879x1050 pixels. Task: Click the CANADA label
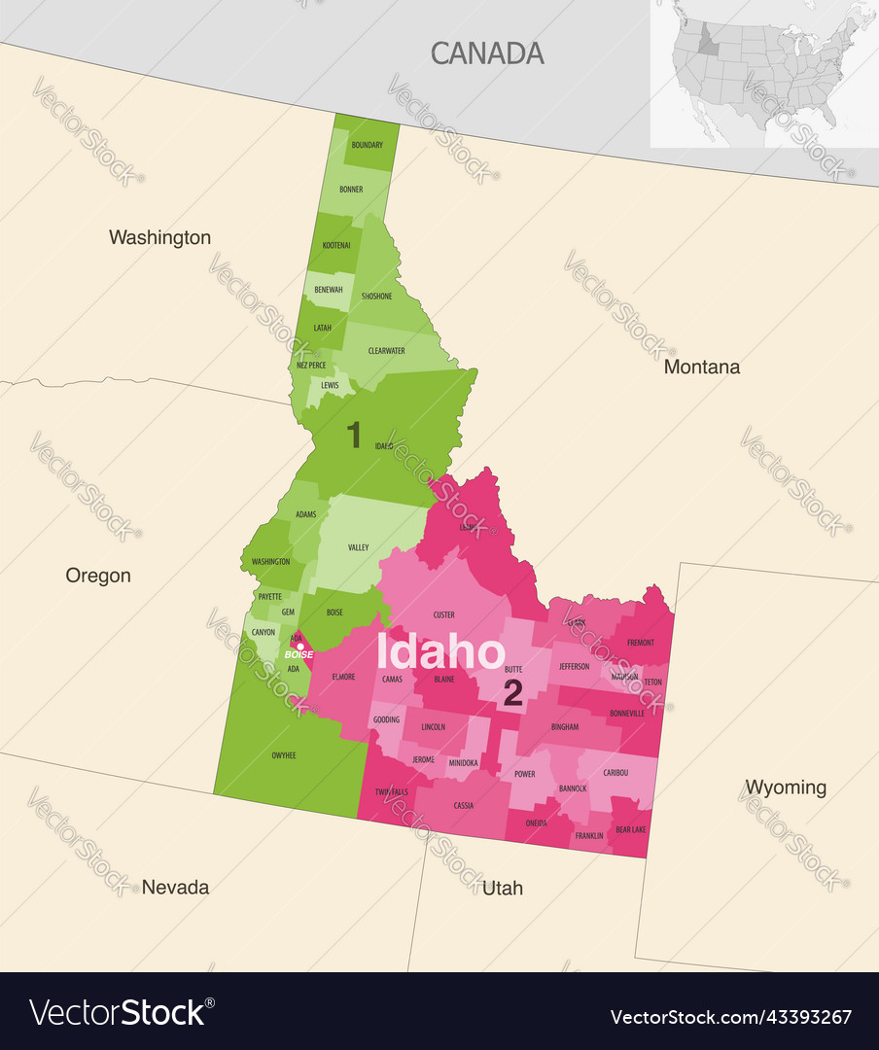pos(487,53)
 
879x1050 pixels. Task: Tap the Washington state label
pos(159,237)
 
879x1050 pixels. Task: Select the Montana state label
pos(701,367)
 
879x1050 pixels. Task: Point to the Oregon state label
pos(98,576)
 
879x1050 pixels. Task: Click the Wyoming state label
pos(786,787)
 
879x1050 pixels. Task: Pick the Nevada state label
pos(175,887)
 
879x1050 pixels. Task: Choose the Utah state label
pos(502,888)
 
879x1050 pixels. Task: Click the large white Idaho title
pos(440,652)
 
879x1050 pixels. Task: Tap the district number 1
pos(354,436)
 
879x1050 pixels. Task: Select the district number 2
pos(512,693)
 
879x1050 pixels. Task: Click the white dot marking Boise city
pos(299,646)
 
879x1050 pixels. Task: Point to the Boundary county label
pos(367,145)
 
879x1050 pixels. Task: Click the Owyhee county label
pos(284,753)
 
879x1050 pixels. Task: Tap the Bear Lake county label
pos(631,829)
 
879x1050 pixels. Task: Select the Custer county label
pos(443,614)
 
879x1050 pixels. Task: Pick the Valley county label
pos(358,547)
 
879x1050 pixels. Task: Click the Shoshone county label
pos(376,296)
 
